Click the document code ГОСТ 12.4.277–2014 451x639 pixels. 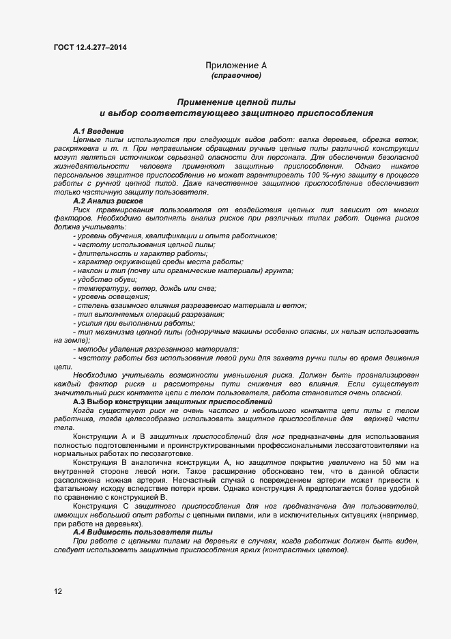pyautogui.click(x=89, y=47)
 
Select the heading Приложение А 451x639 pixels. pyautogui.click(x=236, y=66)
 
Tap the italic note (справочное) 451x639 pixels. pyautogui.click(x=236, y=75)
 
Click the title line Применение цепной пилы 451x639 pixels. pyautogui.click(x=236, y=101)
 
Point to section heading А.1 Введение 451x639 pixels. pyautogui.click(x=98, y=130)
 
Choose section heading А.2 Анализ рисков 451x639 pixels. pyautogui.click(x=107, y=201)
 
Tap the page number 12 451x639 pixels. pyautogui.click(x=58, y=591)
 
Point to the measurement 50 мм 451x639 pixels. pyautogui.click(x=394, y=463)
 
